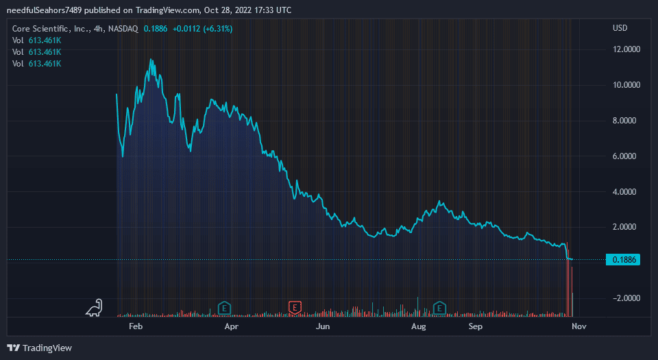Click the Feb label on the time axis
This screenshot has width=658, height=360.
(136, 327)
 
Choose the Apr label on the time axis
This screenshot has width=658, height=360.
(231, 327)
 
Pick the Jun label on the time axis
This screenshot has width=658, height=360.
(323, 327)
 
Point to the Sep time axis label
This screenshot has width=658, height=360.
(476, 327)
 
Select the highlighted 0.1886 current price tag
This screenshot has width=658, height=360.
(623, 260)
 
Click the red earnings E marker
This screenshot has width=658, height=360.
(295, 308)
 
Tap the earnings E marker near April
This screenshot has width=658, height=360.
(223, 308)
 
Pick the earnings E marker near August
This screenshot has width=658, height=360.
(439, 308)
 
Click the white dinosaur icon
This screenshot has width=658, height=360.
(95, 308)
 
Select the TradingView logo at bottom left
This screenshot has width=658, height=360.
(40, 348)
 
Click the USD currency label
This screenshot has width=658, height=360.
(620, 28)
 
